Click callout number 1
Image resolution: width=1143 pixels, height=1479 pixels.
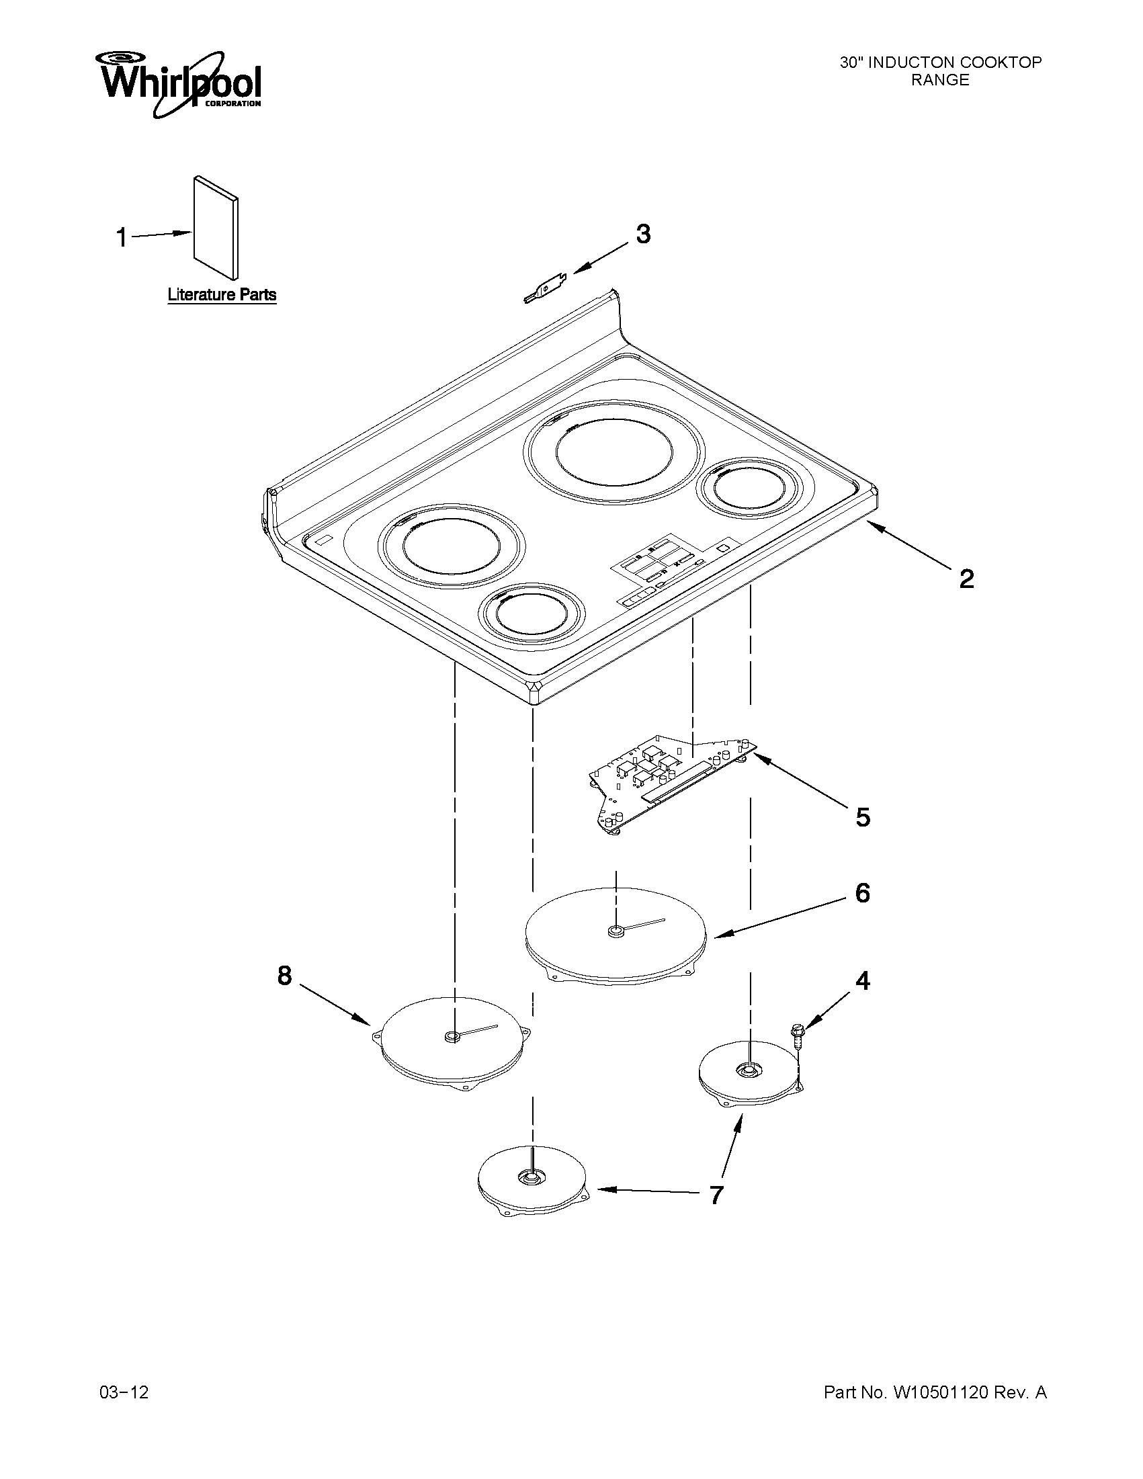(x=122, y=238)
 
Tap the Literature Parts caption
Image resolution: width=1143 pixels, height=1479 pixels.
(x=222, y=295)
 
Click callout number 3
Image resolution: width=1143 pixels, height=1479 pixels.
(x=642, y=234)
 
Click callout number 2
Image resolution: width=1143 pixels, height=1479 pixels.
(x=966, y=579)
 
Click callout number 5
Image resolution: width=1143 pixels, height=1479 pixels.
(x=863, y=817)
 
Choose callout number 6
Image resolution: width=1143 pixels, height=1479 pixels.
(x=862, y=893)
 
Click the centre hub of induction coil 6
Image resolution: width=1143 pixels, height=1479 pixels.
(x=615, y=933)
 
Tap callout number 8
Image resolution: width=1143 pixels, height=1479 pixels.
(x=284, y=975)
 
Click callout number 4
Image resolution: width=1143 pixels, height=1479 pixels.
(x=862, y=980)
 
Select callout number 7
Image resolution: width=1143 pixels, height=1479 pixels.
(x=716, y=1195)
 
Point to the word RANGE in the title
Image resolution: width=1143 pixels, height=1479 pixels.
(x=940, y=80)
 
